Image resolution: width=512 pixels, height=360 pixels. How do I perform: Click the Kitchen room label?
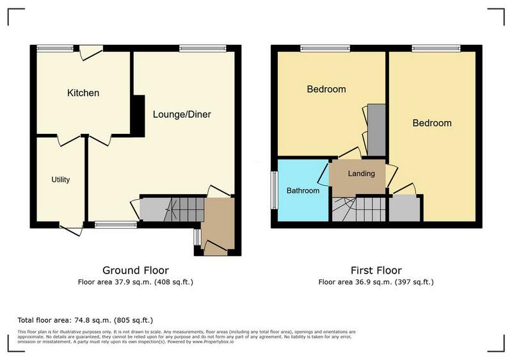83,93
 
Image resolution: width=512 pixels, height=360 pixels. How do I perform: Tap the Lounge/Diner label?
182,115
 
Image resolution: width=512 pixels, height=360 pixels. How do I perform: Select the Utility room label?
61,179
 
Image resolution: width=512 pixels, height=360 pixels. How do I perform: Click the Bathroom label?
303,190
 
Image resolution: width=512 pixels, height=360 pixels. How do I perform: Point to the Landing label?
361,174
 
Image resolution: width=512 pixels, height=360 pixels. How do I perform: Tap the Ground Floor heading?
136,270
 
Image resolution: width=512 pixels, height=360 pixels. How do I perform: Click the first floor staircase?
359,209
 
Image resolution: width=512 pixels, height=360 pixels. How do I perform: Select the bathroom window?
274,190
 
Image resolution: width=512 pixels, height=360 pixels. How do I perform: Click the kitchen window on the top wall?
54,48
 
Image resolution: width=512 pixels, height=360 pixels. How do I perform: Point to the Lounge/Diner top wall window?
202,48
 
